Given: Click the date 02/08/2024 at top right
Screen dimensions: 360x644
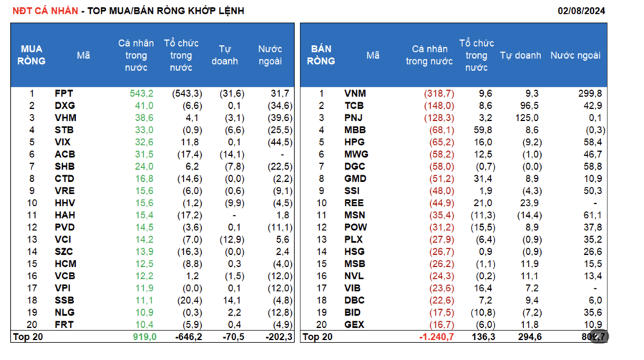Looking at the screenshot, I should click(581, 10).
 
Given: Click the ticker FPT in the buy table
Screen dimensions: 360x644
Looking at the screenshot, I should click(64, 94).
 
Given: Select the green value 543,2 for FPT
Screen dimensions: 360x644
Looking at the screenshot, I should click(142, 94).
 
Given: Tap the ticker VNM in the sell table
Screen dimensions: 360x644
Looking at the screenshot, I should click(354, 94).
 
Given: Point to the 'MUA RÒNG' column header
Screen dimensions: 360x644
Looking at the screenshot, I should click(31, 55).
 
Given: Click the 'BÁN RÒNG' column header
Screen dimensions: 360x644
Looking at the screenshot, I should click(321, 55).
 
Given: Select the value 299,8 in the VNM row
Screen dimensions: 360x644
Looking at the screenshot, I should click(591, 94).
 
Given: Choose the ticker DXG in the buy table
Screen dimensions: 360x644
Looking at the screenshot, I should click(64, 106).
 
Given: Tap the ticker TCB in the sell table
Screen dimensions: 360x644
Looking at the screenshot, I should click(354, 106).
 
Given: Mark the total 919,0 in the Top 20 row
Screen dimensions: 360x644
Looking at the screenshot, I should click(144, 336).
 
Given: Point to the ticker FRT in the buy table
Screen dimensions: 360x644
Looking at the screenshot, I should click(64, 324).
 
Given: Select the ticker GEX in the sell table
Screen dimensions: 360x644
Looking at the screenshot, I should click(354, 324).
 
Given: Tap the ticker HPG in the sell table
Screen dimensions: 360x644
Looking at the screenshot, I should click(354, 142).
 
